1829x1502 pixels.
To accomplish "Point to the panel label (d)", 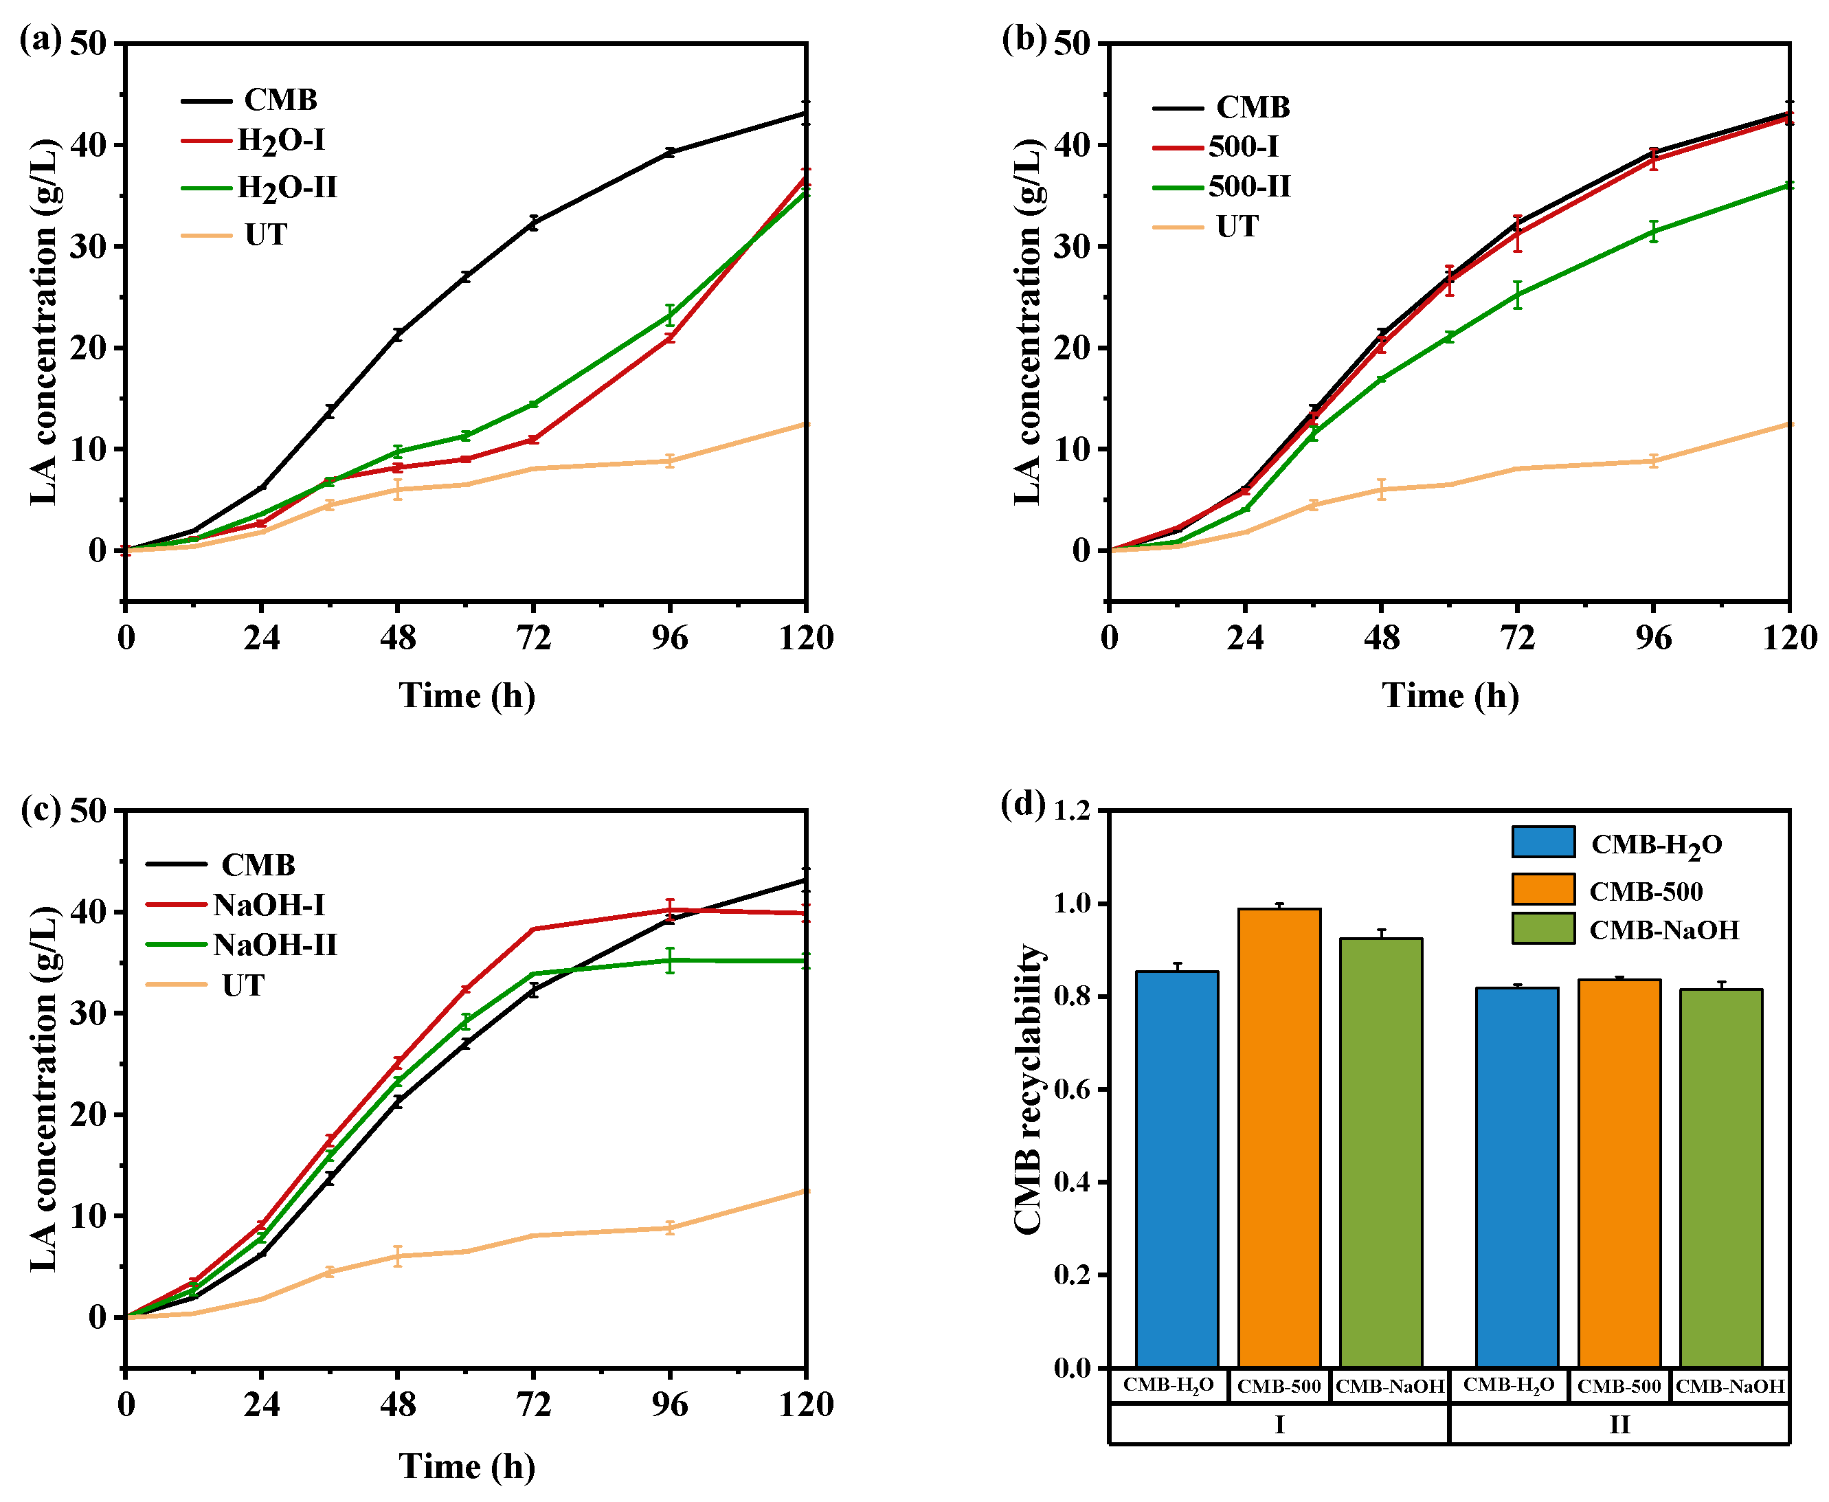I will click(x=1022, y=804).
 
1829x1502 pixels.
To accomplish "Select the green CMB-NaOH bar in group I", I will click(x=1381, y=1152).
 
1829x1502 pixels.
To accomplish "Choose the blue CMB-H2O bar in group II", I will click(x=1516, y=1177).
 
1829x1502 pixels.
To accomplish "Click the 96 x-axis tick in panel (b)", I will click(x=1653, y=638).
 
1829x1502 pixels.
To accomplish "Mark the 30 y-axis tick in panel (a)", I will click(x=87, y=247).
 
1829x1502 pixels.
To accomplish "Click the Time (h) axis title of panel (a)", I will click(x=467, y=695).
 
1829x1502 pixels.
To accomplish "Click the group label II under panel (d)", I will click(x=1619, y=1424).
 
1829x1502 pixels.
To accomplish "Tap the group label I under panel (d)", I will click(x=1279, y=1424).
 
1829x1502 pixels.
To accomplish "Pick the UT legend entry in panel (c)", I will click(x=243, y=985).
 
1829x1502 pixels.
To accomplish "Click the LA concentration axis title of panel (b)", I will click(x=1027, y=321).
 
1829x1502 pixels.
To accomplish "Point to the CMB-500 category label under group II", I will click(x=1619, y=1386).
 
